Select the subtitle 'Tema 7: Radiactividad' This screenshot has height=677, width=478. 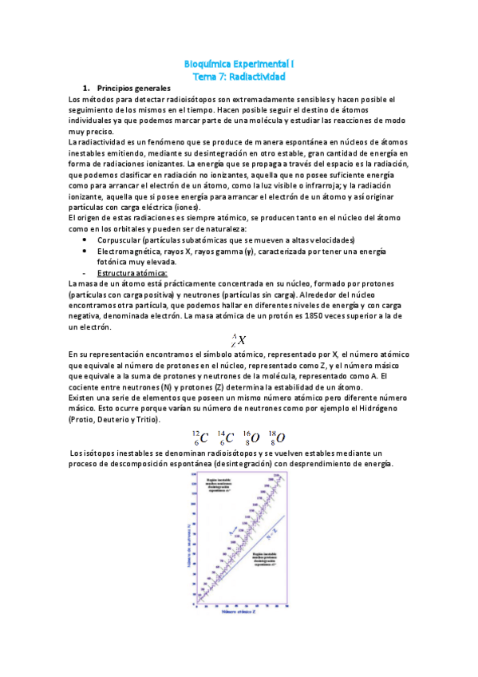[239, 76]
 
